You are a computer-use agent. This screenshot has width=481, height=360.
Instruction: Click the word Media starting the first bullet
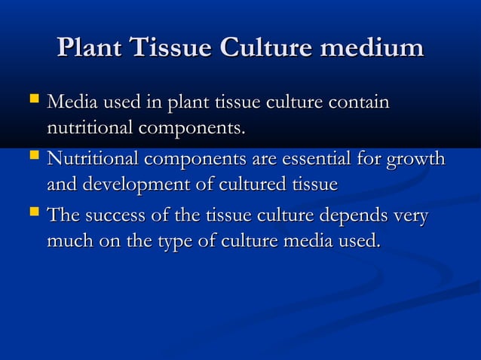(x=72, y=101)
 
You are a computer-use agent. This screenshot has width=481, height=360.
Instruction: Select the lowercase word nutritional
(x=89, y=128)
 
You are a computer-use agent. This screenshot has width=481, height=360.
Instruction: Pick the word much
(x=69, y=243)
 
